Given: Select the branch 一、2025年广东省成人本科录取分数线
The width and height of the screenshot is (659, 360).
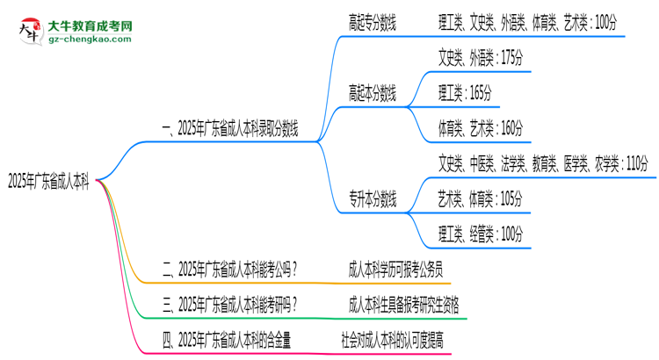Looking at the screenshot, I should [x=229, y=131].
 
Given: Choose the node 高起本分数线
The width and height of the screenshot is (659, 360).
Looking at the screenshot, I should [x=373, y=93].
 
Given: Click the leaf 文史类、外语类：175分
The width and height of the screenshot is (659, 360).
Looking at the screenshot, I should [x=481, y=59].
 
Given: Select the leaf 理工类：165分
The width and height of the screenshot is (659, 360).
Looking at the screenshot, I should [x=465, y=93].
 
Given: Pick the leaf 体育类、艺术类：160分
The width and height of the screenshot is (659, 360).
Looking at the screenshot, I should [x=481, y=128].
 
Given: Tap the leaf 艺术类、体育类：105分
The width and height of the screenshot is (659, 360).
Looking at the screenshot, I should [x=481, y=198].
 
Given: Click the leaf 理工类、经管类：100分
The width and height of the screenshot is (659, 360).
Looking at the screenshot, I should [x=481, y=234].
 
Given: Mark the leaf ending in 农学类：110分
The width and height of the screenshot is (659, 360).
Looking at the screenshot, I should [x=543, y=163].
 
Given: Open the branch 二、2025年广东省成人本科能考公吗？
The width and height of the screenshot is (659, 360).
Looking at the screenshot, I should [x=229, y=270].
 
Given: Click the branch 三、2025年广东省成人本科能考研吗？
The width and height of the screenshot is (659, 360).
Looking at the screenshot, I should [x=229, y=305].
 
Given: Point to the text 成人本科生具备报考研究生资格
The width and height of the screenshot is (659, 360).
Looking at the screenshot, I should [x=403, y=305].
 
